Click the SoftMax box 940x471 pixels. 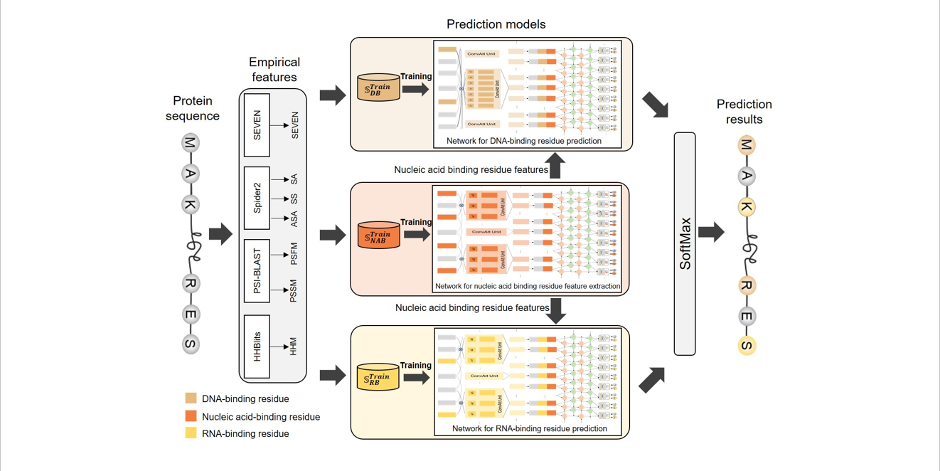click(x=685, y=243)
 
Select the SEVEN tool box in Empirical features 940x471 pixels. click(x=257, y=125)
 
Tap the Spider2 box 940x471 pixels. click(x=257, y=199)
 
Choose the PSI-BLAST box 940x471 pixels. click(x=257, y=271)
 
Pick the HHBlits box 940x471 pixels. click(x=257, y=346)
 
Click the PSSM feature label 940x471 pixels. click(x=294, y=291)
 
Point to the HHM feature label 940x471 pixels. click(x=294, y=346)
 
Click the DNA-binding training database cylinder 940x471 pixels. click(x=378, y=88)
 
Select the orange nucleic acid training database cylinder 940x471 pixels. click(x=378, y=235)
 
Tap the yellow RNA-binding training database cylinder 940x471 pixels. click(x=378, y=377)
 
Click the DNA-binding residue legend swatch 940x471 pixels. click(x=191, y=398)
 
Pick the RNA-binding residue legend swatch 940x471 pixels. click(x=191, y=433)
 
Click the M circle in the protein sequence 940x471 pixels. click(x=190, y=143)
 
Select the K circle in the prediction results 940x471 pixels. click(x=746, y=207)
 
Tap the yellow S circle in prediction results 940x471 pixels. click(x=746, y=346)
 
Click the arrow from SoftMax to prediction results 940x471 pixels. click(x=711, y=232)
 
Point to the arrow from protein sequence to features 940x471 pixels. click(x=220, y=233)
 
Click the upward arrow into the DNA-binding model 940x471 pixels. click(x=556, y=166)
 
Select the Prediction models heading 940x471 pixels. click(x=496, y=24)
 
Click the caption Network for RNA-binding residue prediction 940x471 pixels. click(x=529, y=429)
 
